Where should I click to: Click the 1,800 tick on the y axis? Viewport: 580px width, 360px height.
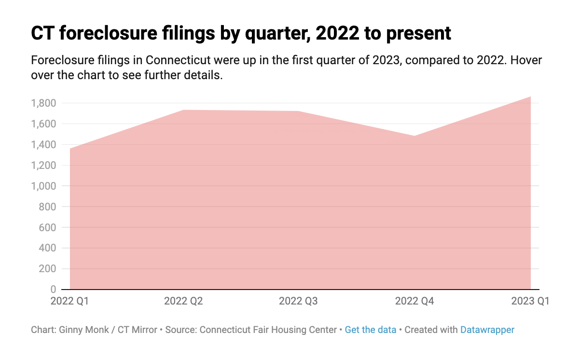tap(44, 103)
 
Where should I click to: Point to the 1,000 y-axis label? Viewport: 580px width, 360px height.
tap(44, 186)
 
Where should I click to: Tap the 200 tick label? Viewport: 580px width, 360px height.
tap(48, 269)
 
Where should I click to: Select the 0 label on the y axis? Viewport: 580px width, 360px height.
tap(53, 290)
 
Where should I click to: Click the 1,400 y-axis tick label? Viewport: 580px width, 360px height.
tap(44, 145)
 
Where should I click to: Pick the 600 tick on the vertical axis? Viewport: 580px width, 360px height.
tap(48, 227)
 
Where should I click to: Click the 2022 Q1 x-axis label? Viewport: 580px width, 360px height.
tap(69, 302)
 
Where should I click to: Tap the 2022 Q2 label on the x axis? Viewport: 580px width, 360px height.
tap(183, 302)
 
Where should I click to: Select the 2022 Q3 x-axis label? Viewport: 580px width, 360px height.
tap(298, 302)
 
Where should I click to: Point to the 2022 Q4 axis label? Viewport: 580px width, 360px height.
tap(414, 302)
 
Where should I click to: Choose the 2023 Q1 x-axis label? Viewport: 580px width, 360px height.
tap(530, 302)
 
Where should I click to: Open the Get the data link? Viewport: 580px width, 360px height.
tap(371, 330)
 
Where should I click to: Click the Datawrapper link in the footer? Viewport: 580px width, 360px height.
tap(487, 330)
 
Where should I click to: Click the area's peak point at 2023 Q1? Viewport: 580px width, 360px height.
tap(531, 97)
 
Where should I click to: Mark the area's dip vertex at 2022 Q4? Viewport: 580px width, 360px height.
tap(415, 136)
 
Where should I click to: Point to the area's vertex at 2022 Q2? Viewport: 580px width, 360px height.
tap(185, 110)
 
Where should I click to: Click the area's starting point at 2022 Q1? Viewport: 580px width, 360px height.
tap(70, 149)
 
